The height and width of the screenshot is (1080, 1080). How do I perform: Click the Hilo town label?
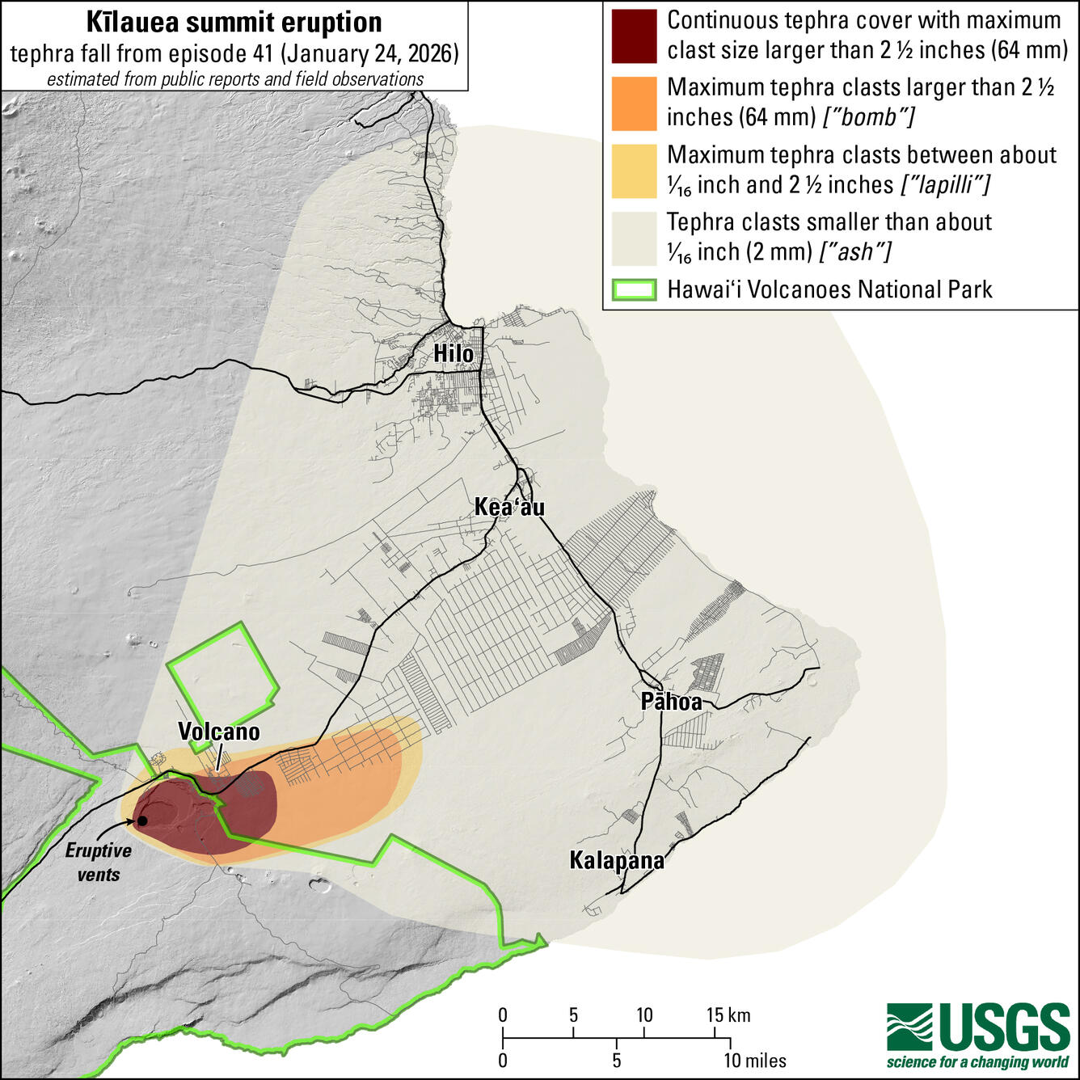(x=454, y=353)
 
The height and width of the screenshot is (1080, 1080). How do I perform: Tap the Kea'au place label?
(x=509, y=507)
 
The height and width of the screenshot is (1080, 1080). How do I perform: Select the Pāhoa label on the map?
(x=671, y=701)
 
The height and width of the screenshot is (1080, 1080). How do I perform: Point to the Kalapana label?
(x=617, y=860)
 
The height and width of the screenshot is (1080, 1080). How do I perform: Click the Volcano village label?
(x=219, y=732)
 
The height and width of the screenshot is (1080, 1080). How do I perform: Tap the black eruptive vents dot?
(x=142, y=821)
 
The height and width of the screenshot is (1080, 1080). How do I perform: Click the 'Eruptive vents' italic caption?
(x=99, y=863)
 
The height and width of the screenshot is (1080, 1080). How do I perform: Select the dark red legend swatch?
(x=634, y=36)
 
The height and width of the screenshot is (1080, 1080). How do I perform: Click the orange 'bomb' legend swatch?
(x=634, y=103)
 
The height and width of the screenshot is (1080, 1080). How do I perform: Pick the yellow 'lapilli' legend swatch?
(x=634, y=171)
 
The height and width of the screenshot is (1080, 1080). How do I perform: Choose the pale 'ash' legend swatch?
(x=634, y=238)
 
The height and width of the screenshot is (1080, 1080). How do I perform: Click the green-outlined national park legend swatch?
(x=634, y=290)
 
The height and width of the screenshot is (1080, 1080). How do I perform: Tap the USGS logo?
(x=978, y=1028)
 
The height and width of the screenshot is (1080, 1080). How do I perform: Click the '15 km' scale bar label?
(x=728, y=1015)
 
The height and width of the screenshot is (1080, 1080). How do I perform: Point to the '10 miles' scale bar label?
(x=755, y=1061)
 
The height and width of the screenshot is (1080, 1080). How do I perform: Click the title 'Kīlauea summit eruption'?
(x=234, y=23)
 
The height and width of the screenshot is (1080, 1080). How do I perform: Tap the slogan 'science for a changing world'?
(x=978, y=1062)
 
